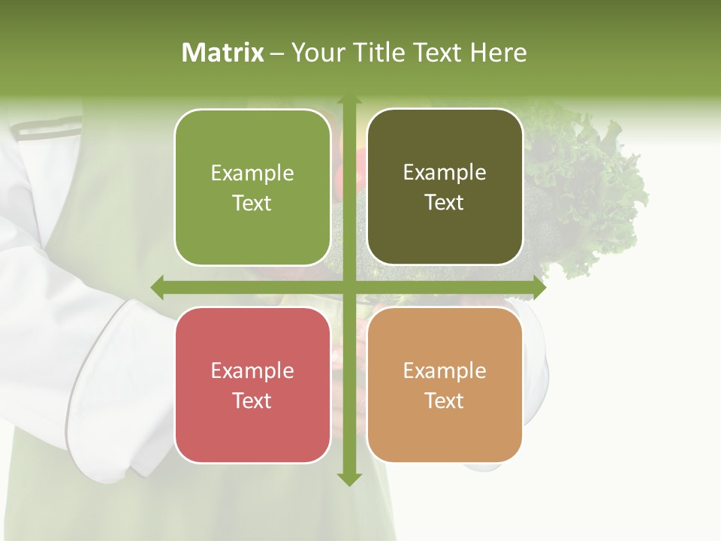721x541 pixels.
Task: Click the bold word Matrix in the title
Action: click(x=223, y=53)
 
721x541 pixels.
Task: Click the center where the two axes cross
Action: click(x=348, y=287)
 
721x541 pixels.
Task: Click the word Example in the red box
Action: click(x=252, y=370)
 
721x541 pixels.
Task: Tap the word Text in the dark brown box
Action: click(x=445, y=203)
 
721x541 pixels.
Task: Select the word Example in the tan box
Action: click(x=445, y=370)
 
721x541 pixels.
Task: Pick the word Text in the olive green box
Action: click(x=252, y=203)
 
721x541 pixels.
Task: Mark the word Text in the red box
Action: click(x=252, y=400)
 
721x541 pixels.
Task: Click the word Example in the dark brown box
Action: click(x=445, y=173)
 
